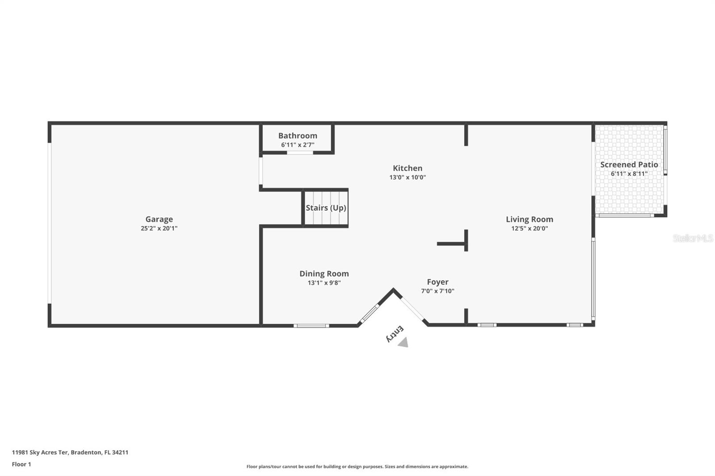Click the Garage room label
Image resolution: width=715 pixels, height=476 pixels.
pyautogui.click(x=159, y=219)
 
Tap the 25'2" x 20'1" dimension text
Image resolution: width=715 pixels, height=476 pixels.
pyautogui.click(x=159, y=228)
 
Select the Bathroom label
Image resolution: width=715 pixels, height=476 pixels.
pyautogui.click(x=298, y=136)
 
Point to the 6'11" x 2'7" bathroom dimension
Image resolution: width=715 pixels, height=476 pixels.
pyautogui.click(x=298, y=145)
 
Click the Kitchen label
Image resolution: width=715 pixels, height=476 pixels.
pyautogui.click(x=407, y=168)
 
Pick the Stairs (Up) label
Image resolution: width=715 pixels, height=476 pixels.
pyautogui.click(x=326, y=208)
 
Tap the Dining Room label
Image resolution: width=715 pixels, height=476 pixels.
pyautogui.click(x=324, y=274)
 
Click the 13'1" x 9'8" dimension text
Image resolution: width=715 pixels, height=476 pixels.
pyautogui.click(x=324, y=283)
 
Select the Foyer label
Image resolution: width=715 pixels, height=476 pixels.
pyautogui.click(x=437, y=282)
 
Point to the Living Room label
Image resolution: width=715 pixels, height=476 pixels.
pyautogui.click(x=529, y=219)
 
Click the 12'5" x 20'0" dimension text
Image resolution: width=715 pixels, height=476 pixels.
pyautogui.click(x=529, y=228)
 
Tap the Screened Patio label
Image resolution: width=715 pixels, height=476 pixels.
pyautogui.click(x=629, y=165)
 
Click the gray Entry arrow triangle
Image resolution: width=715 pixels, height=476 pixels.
pyautogui.click(x=404, y=342)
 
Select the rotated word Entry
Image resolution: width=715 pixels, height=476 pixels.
pyautogui.click(x=395, y=334)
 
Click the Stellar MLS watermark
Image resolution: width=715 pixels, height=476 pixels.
pyautogui.click(x=693, y=238)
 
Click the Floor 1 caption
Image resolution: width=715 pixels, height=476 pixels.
pyautogui.click(x=21, y=464)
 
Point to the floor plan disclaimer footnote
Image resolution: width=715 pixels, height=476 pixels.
pyautogui.click(x=357, y=467)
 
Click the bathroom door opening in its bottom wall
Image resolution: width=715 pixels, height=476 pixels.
pyautogui.click(x=300, y=153)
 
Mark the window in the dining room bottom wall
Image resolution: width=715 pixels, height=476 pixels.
pyautogui.click(x=311, y=326)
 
